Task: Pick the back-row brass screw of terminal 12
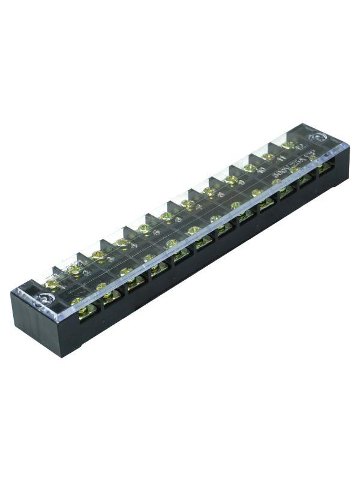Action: pyautogui.click(x=288, y=145)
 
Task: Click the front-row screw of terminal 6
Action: pyautogui.click(x=193, y=230)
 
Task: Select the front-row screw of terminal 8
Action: pyautogui.click(x=236, y=205)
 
